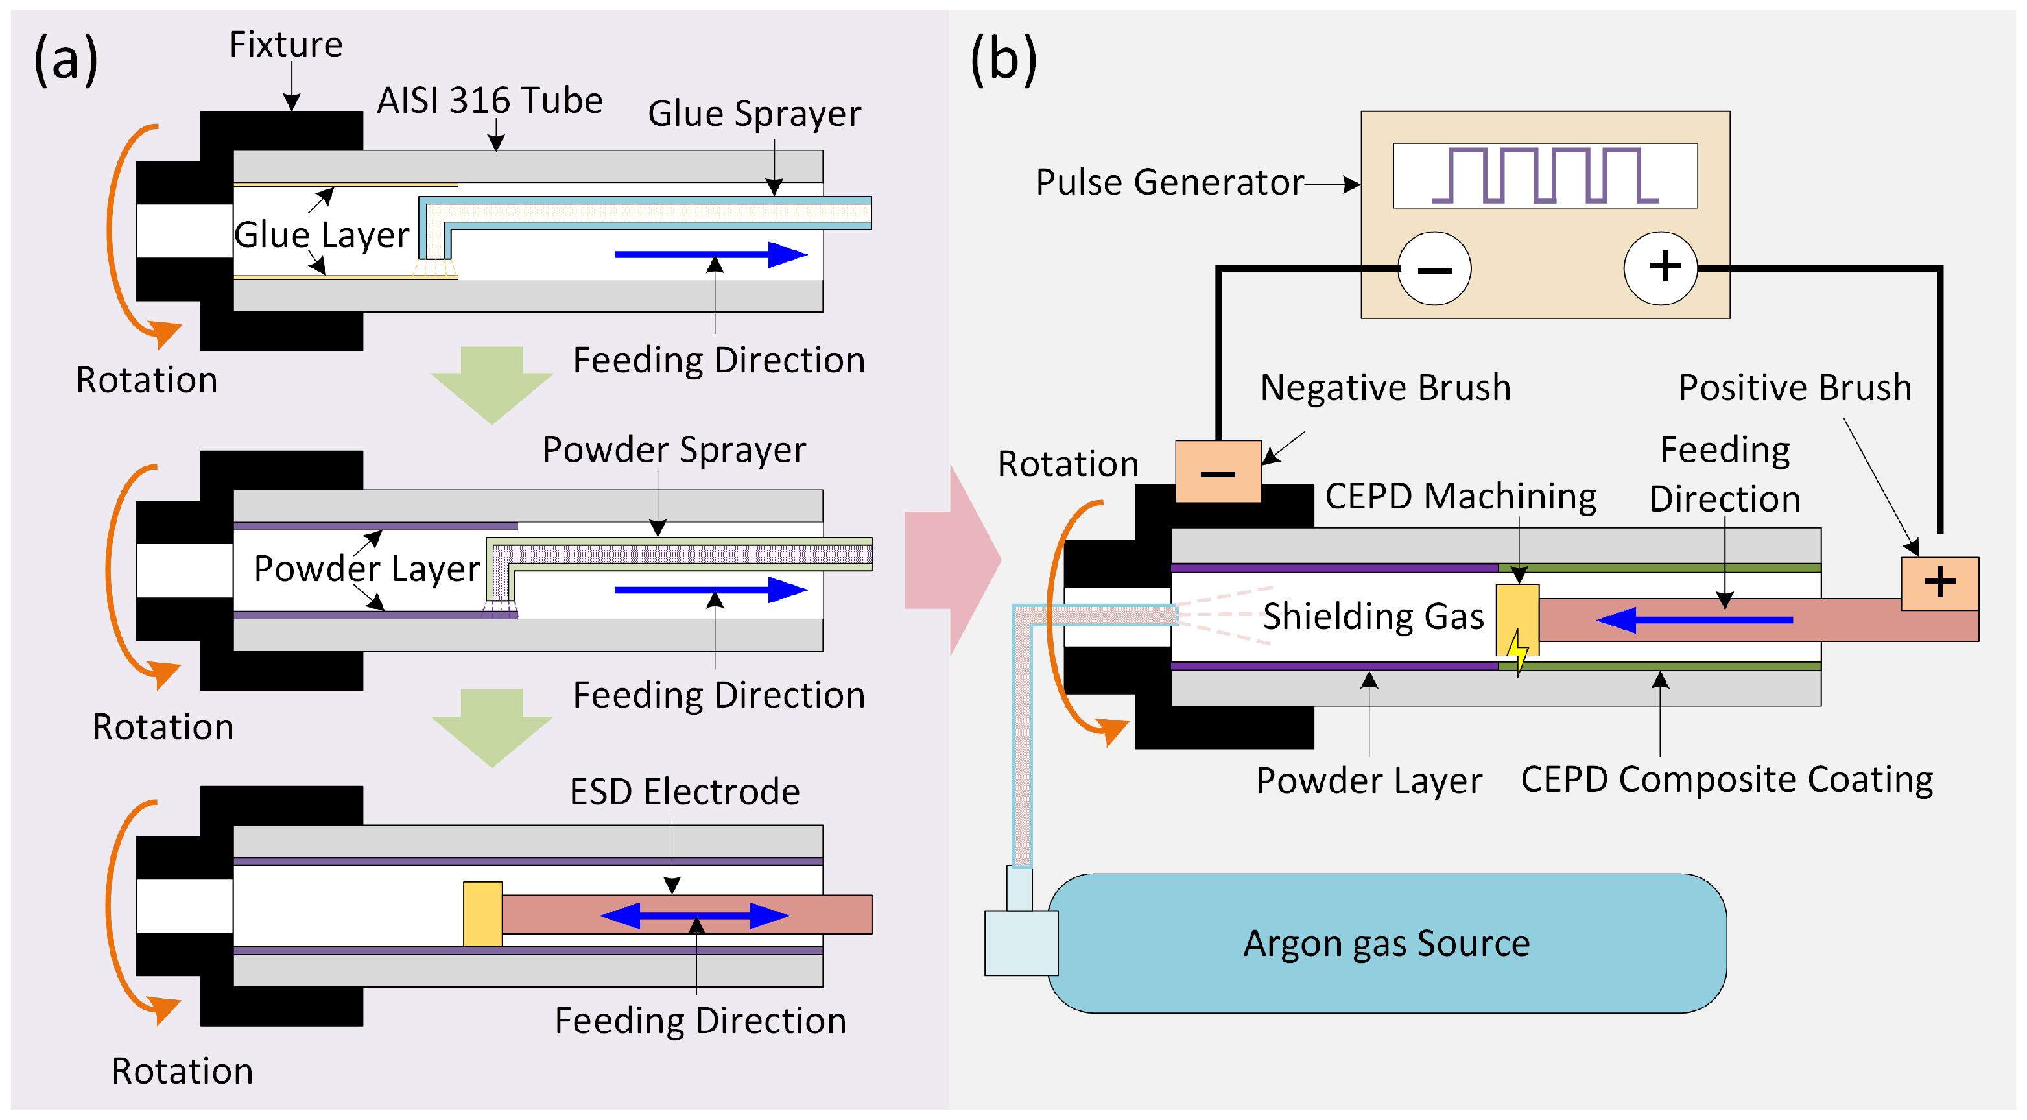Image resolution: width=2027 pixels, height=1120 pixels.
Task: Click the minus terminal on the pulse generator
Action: pyautogui.click(x=1434, y=268)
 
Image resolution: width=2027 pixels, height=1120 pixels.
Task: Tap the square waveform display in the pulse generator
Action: pyautogui.click(x=1545, y=176)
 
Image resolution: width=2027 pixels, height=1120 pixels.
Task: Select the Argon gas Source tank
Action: pyautogui.click(x=1386, y=943)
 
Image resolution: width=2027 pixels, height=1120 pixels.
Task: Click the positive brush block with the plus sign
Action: pyautogui.click(x=1939, y=583)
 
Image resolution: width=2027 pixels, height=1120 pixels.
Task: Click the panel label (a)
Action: pyautogui.click(x=65, y=59)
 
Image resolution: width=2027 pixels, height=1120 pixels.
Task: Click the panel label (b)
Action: pyautogui.click(x=1003, y=59)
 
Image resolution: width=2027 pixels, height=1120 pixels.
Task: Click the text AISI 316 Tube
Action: pyautogui.click(x=490, y=101)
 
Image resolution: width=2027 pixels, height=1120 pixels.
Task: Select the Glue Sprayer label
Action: pyautogui.click(x=754, y=114)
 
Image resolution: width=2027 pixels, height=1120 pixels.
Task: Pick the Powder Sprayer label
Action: pyautogui.click(x=674, y=450)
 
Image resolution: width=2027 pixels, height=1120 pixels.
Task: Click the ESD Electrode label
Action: pyautogui.click(x=685, y=792)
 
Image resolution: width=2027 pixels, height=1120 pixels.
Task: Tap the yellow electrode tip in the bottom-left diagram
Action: pyautogui.click(x=482, y=914)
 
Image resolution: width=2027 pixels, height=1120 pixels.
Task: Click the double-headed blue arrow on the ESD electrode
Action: pyautogui.click(x=694, y=915)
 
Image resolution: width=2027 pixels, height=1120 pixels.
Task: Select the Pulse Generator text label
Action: pyautogui.click(x=1169, y=183)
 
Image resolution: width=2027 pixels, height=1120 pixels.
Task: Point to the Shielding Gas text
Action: pyautogui.click(x=1373, y=616)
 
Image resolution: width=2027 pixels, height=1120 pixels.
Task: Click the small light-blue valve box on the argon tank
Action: pyautogui.click(x=1021, y=942)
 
